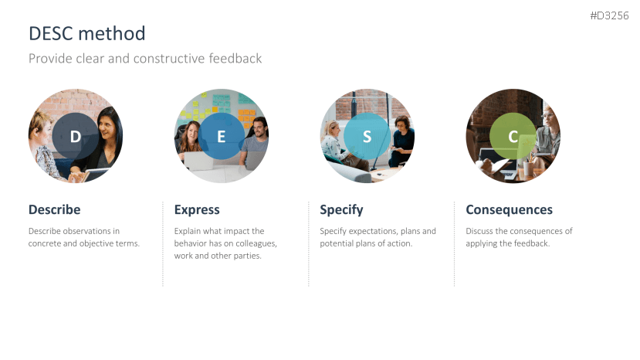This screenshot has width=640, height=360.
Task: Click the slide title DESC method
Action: [x=87, y=33]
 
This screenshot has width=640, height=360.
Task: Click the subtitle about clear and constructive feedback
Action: [x=145, y=59]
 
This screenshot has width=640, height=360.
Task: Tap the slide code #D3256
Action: [x=609, y=15]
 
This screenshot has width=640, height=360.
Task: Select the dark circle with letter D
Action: [x=76, y=136]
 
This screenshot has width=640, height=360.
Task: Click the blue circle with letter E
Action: [x=222, y=136]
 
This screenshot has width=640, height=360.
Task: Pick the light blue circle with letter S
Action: [x=367, y=136]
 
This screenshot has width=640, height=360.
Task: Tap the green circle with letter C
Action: [x=513, y=136]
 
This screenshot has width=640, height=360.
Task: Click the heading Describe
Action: [x=54, y=209]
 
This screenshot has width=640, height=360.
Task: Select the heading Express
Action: [x=197, y=210]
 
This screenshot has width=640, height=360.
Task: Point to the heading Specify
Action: [x=341, y=210]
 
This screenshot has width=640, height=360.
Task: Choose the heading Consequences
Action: [x=509, y=210]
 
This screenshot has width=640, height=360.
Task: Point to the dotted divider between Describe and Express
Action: [x=163, y=244]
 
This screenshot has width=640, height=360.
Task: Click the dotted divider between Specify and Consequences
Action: [x=454, y=244]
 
